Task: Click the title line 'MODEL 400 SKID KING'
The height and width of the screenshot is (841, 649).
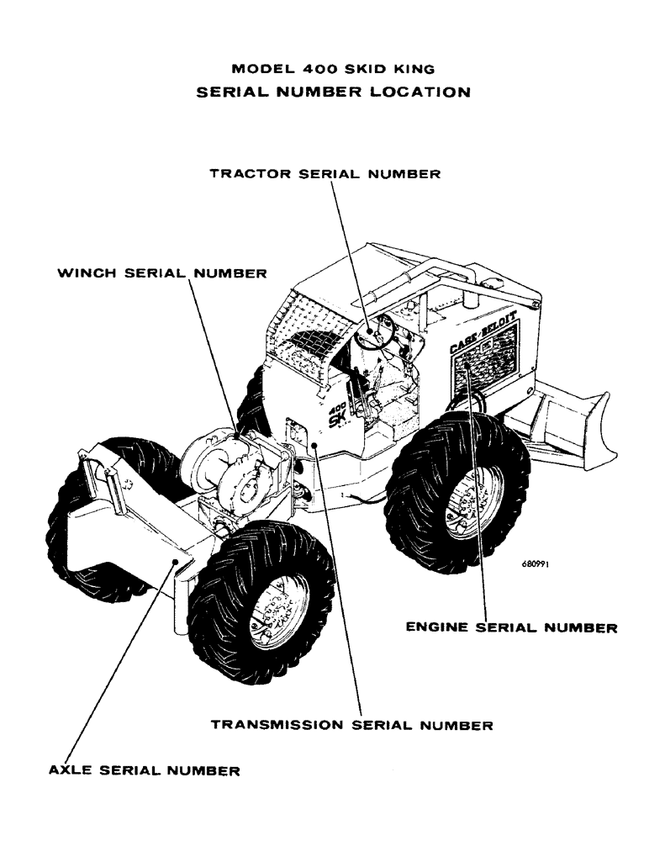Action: [334, 70]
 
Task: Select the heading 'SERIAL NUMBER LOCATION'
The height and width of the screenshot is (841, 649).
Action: [334, 93]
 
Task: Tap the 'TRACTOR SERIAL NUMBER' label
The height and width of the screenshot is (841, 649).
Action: [324, 174]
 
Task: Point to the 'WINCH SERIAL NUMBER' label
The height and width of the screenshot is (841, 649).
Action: [161, 274]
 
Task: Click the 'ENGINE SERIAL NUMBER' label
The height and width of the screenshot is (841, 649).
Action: [511, 627]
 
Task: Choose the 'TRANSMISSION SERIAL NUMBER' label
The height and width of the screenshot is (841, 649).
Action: [351, 724]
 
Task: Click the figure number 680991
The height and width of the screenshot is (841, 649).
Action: [534, 565]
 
